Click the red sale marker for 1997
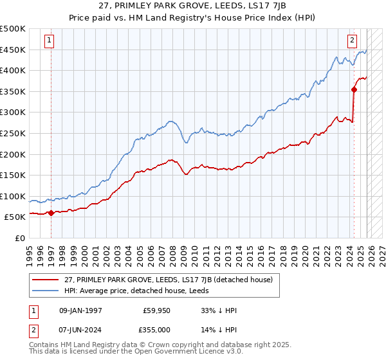click(51, 213)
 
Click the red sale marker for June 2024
click(354, 90)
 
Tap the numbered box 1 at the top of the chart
click(50, 40)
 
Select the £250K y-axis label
click(13, 134)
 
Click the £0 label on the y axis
click(21, 239)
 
